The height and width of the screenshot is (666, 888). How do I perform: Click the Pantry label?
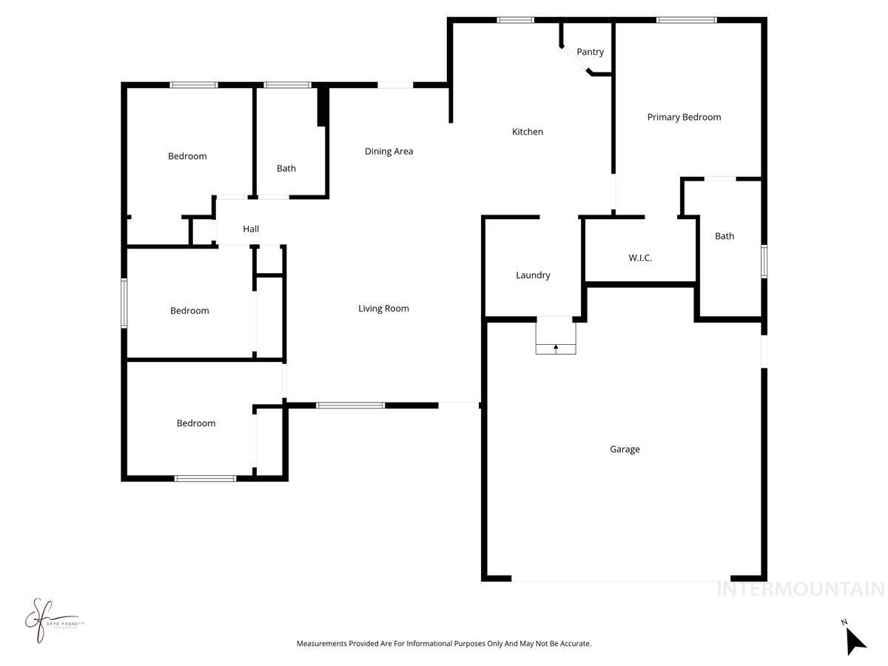click(590, 52)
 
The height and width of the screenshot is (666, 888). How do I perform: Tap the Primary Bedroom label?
click(684, 117)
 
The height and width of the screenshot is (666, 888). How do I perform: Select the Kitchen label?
click(528, 132)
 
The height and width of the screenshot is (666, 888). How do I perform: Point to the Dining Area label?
click(388, 151)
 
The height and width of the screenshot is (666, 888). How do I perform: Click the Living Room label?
click(383, 309)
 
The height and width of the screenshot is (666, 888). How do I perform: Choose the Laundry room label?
click(533, 275)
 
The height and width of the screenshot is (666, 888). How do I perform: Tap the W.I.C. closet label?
click(640, 258)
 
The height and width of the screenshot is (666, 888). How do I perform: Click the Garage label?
click(625, 449)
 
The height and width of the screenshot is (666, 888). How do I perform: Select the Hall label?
click(251, 229)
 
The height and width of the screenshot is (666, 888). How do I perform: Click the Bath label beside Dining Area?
click(286, 168)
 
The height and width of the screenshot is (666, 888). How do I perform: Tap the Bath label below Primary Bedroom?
click(724, 236)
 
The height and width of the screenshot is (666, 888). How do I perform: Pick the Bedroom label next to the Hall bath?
click(187, 156)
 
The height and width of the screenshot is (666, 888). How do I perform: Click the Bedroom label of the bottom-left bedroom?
click(196, 423)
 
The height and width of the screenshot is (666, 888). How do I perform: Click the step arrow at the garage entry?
click(556, 346)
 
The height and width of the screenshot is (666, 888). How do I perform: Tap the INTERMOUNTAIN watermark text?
click(801, 589)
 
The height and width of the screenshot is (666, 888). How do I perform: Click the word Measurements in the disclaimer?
click(322, 644)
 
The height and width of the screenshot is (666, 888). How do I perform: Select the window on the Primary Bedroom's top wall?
click(687, 20)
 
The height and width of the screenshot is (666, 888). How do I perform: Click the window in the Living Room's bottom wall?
click(350, 406)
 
